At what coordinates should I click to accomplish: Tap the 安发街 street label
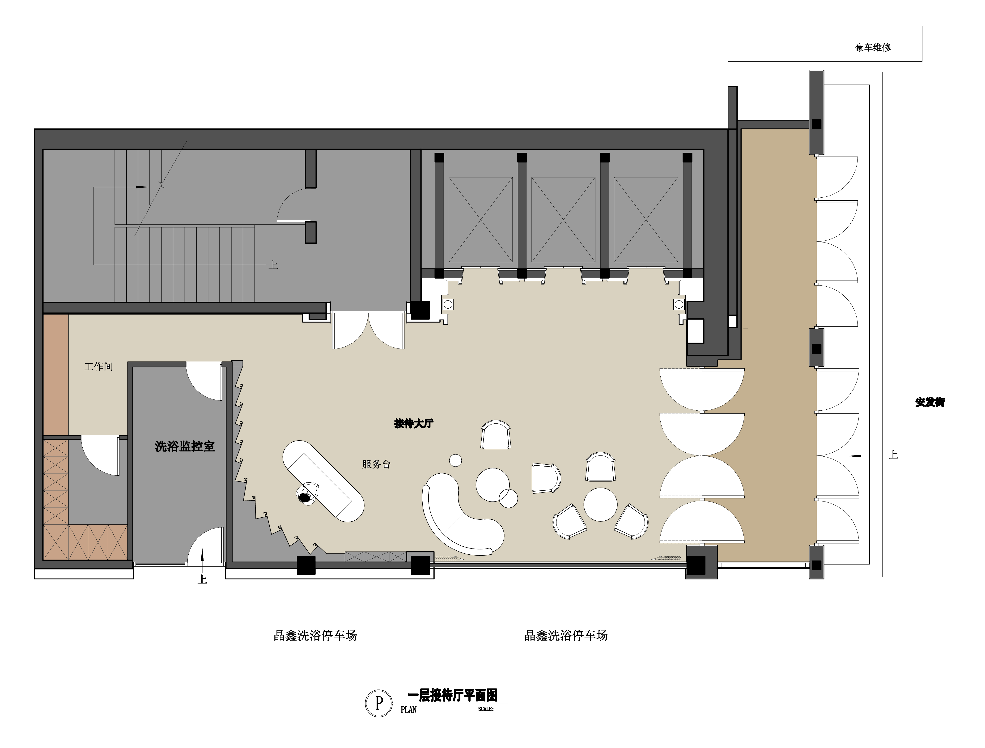click(x=930, y=402)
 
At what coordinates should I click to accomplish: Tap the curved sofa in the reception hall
click(x=459, y=516)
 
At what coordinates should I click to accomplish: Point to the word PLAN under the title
click(x=408, y=709)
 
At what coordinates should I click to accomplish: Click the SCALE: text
click(x=486, y=709)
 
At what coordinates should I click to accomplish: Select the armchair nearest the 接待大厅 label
click(x=496, y=434)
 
